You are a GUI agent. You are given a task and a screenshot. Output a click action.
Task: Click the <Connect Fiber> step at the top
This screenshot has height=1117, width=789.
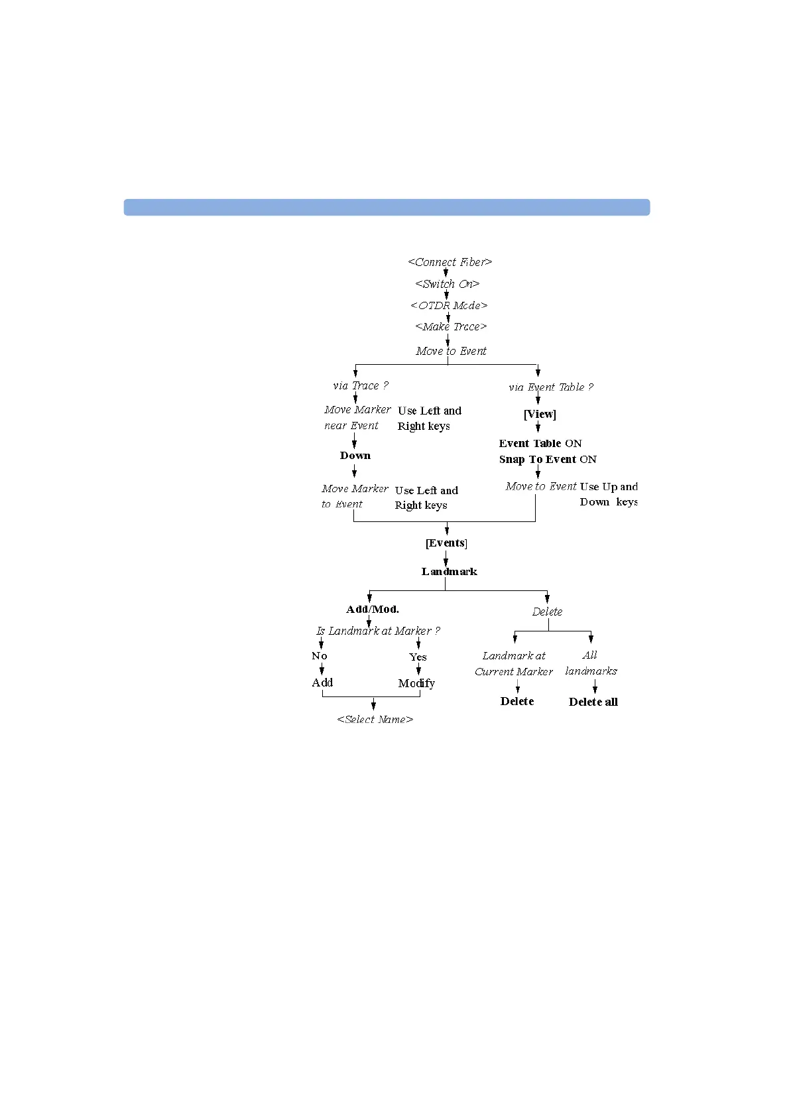[450, 262]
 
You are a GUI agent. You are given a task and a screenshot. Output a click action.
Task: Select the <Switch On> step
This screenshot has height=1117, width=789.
[447, 284]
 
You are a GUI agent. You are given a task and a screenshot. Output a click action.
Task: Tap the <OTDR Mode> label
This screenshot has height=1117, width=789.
[449, 305]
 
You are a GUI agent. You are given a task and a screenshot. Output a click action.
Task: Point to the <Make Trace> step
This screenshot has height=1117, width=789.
[451, 326]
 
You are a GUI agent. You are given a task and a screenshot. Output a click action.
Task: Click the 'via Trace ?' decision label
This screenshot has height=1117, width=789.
[361, 385]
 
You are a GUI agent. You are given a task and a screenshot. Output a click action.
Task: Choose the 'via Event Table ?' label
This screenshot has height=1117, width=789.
[551, 387]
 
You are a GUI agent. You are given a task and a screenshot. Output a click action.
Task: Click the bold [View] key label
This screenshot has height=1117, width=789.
[540, 414]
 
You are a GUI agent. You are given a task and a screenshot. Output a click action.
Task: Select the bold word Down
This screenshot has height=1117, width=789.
[355, 456]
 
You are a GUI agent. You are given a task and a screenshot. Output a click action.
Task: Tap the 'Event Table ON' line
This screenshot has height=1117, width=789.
[540, 443]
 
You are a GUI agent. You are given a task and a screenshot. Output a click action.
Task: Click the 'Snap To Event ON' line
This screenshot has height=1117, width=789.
[548, 459]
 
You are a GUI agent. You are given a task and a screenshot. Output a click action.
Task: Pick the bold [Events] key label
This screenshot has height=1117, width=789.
[446, 543]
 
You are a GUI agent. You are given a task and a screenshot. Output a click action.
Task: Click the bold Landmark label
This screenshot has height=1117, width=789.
[449, 571]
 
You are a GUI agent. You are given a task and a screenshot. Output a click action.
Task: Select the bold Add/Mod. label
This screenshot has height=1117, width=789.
[373, 609]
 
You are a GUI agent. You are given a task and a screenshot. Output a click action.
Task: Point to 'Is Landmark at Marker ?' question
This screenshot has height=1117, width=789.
[378, 631]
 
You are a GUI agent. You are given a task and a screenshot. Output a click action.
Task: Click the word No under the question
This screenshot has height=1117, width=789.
[320, 656]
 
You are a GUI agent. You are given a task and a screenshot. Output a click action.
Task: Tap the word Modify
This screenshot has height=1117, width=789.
[416, 683]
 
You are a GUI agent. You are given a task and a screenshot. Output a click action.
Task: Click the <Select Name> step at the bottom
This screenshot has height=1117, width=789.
[375, 719]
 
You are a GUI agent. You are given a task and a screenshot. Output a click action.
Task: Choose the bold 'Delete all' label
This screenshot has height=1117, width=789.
[593, 702]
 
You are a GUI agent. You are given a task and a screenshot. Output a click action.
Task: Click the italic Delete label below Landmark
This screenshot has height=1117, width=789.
[547, 612]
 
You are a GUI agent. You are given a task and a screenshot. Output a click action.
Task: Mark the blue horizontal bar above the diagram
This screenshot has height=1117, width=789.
[387, 207]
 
